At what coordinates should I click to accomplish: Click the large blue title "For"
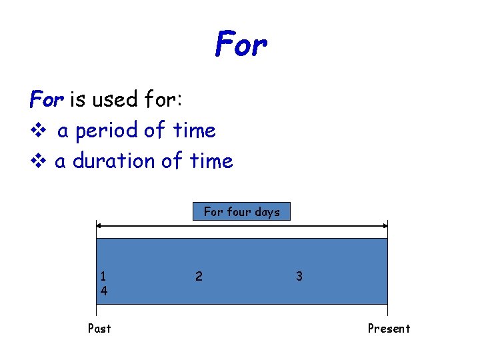click(x=241, y=45)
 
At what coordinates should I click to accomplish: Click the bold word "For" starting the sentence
click(x=47, y=100)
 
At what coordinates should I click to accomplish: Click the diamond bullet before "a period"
click(x=36, y=131)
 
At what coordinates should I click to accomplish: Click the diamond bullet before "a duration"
click(x=36, y=161)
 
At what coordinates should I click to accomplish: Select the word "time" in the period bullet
click(x=194, y=131)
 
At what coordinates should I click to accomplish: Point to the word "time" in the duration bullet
click(x=211, y=161)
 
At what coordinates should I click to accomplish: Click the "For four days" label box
click(x=241, y=212)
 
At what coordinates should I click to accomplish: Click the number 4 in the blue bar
click(x=103, y=291)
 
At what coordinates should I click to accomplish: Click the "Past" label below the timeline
click(x=99, y=328)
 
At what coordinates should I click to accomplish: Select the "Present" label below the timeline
click(x=389, y=328)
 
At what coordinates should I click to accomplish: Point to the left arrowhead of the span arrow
click(x=99, y=226)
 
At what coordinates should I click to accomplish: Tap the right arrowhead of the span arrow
click(x=385, y=226)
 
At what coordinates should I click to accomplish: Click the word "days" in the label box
click(x=267, y=212)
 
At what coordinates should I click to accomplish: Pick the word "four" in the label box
click(x=240, y=212)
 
